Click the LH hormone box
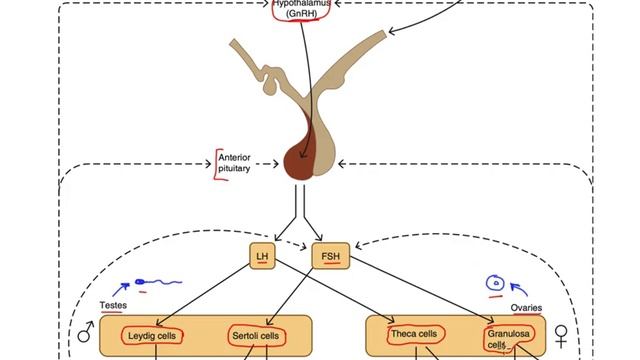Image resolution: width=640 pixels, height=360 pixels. (x=262, y=257)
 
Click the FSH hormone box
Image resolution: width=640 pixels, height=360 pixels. (x=330, y=257)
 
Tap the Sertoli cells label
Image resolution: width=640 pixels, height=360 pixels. (x=257, y=335)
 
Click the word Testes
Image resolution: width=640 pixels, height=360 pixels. (x=113, y=304)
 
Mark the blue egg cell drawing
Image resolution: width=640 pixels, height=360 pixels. (x=495, y=286)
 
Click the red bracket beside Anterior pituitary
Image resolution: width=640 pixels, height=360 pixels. (x=218, y=162)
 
